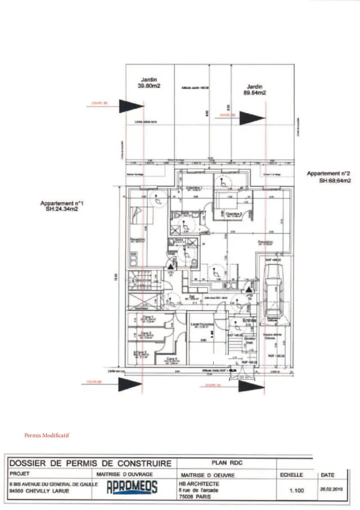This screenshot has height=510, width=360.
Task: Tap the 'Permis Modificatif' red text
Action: [x=47, y=435]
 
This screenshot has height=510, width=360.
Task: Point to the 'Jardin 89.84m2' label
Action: [x=255, y=90]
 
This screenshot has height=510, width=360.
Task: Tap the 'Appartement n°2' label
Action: [x=328, y=177]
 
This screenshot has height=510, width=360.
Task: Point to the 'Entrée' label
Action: [x=249, y=320]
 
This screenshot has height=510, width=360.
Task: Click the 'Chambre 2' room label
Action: [x=234, y=214]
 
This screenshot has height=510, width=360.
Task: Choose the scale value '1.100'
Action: [x=296, y=491]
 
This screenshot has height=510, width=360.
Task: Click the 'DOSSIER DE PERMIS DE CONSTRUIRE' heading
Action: [x=90, y=463]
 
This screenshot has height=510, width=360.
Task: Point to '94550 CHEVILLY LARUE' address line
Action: [x=39, y=490]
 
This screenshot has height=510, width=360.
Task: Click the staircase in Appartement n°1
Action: [x=138, y=280]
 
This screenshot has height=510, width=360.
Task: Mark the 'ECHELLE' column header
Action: [x=291, y=475]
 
